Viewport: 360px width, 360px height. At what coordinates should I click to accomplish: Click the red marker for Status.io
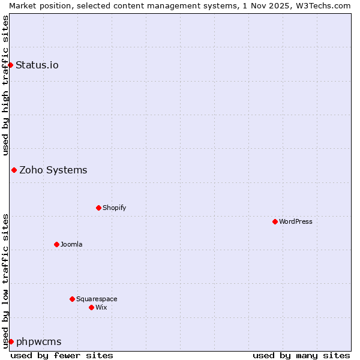click(x=10, y=65)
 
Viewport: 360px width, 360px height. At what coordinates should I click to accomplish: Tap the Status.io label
click(x=37, y=65)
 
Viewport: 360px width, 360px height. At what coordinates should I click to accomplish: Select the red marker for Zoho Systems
click(x=14, y=170)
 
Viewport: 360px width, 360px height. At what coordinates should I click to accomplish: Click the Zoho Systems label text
click(x=53, y=170)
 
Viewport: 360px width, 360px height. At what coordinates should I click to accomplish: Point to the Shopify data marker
click(x=98, y=208)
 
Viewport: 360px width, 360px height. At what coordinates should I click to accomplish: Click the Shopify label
click(x=114, y=208)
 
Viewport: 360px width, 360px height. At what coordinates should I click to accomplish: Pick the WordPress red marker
click(x=275, y=221)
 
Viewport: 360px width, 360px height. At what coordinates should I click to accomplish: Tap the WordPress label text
click(x=295, y=221)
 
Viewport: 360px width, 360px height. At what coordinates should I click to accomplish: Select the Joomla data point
click(x=56, y=244)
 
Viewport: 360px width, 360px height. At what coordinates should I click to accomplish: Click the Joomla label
click(x=71, y=244)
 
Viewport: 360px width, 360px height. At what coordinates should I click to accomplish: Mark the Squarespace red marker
click(x=72, y=299)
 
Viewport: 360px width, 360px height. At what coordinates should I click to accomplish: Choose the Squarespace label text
click(x=97, y=299)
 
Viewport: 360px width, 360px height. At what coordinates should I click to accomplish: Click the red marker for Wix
click(x=91, y=307)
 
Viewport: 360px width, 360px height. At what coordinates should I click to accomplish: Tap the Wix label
click(x=101, y=307)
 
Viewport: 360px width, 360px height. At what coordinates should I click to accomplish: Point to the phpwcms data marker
click(x=11, y=341)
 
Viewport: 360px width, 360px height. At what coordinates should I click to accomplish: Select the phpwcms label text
click(x=39, y=341)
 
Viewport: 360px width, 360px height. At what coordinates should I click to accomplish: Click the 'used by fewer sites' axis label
click(x=62, y=355)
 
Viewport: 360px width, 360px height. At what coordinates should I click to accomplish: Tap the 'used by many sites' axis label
click(x=301, y=355)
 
